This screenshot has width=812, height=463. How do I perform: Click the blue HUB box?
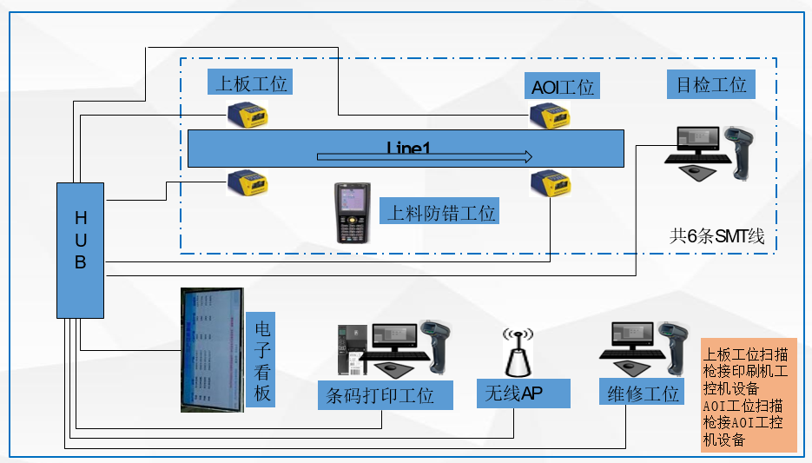80,250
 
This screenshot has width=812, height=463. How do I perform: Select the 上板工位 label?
250,83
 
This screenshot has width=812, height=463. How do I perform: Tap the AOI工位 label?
564,87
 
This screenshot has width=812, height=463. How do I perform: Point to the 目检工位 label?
711,84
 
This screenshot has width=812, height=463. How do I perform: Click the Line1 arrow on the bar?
425,157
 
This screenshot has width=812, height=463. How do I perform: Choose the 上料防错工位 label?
441,212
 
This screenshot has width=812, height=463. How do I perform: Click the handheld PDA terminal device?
353,212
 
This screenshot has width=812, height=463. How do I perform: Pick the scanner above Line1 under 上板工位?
248,114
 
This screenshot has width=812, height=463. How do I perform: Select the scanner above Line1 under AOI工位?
550,114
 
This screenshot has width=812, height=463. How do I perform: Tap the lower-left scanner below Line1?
248,182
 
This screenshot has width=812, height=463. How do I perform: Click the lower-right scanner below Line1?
550,182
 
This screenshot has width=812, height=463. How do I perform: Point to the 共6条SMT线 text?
716,235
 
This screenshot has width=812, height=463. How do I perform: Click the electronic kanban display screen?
211,349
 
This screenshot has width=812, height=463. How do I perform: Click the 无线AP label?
523,394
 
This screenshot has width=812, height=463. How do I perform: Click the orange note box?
748,395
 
